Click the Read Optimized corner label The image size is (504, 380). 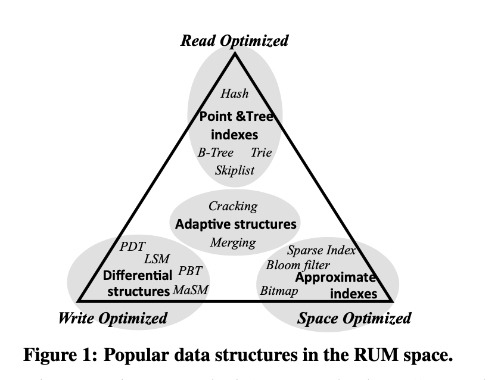pos(235,41)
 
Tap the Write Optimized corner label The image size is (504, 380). pos(113,318)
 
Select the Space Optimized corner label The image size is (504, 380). pos(354,318)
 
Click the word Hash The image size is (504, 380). pos(235,93)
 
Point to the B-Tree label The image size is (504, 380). pos(216,152)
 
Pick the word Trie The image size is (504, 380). pos(261,152)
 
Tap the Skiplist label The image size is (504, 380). pos(235,170)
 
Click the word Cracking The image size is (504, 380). pos(233,206)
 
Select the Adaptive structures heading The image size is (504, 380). pos(235,225)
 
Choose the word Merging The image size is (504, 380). pos(233,242)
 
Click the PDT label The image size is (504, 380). pos(133,246)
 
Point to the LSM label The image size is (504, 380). pos(157,259)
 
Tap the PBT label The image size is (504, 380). pos(191,272)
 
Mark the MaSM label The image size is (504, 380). pos(191,290)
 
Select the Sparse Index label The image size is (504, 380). pos(321,250)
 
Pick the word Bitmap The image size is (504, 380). pos(279,291)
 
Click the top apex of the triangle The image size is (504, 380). pos(235,54)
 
